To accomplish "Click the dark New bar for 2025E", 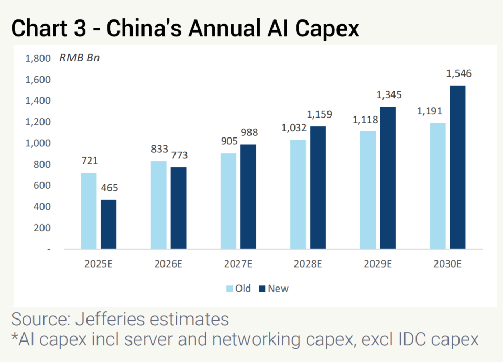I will click(x=109, y=224).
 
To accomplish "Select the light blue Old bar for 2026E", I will click(x=158, y=205).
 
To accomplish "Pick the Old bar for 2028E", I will click(x=298, y=194).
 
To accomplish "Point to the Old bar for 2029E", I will click(x=368, y=189).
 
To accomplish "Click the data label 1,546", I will click(x=458, y=74).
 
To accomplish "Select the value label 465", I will click(x=109, y=188).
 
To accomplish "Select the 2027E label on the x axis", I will click(x=238, y=264).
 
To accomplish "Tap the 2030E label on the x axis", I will click(x=447, y=264).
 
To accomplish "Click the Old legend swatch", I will click(x=229, y=289).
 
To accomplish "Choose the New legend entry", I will click(x=274, y=289).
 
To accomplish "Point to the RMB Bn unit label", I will click(x=79, y=58).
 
